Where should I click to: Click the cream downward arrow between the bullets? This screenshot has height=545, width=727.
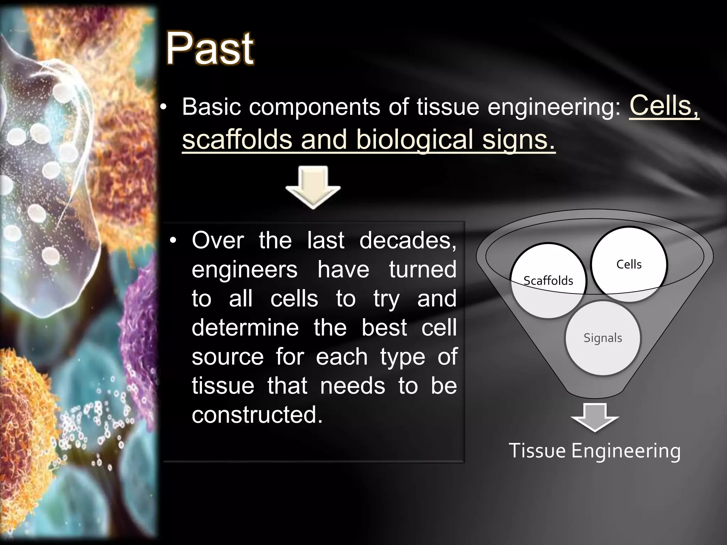click(x=313, y=187)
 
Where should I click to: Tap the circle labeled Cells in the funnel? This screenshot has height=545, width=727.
click(x=629, y=264)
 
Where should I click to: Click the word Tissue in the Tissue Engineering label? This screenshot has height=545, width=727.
click(x=537, y=451)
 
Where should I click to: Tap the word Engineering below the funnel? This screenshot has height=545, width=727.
click(x=626, y=451)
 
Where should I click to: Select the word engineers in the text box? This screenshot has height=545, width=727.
click(x=244, y=270)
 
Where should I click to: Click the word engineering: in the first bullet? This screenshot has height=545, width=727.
click(x=554, y=107)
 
